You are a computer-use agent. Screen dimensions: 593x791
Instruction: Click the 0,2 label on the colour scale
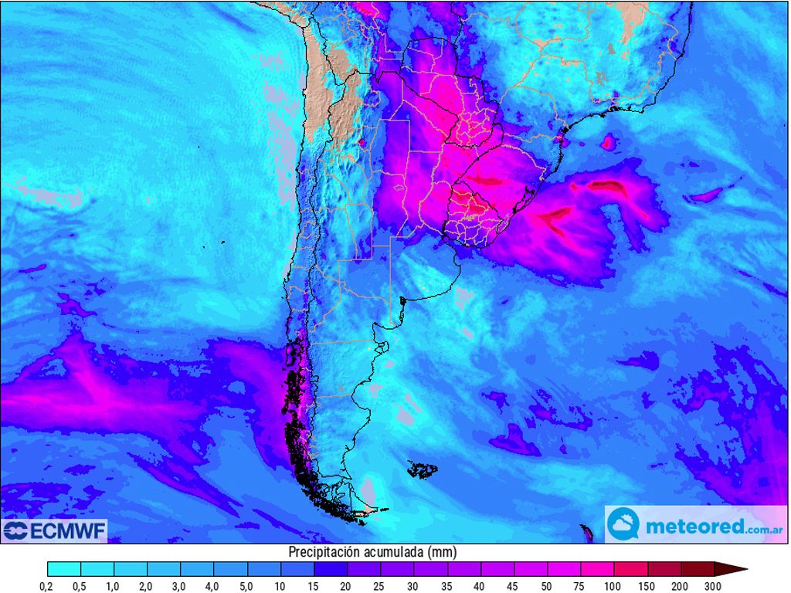[x=47, y=587]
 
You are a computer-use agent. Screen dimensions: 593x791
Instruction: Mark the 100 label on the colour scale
[x=613, y=587]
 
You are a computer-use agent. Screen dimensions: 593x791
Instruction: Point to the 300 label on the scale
[x=712, y=587]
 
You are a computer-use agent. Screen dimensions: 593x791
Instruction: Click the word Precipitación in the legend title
[x=324, y=552]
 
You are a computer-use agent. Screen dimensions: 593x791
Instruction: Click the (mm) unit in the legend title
[x=444, y=552]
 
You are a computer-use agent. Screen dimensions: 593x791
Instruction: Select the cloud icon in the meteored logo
[x=623, y=525]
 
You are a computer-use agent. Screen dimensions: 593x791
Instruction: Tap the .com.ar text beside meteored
[x=765, y=530]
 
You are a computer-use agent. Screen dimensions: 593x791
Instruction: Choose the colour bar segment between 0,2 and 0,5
[x=63, y=570]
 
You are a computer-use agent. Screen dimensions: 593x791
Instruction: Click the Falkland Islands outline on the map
[x=423, y=469]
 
